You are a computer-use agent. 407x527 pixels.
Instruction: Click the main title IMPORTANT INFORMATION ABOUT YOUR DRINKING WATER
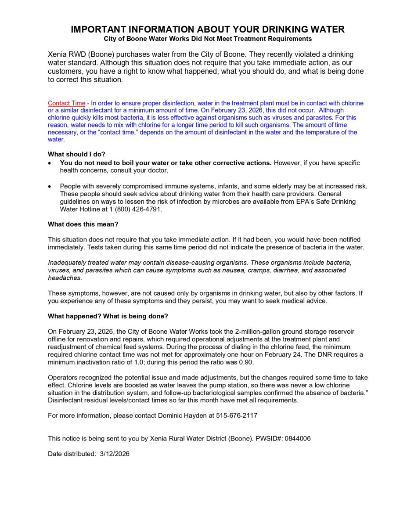pos(208,29)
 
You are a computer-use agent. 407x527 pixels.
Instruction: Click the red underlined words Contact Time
pos(66,103)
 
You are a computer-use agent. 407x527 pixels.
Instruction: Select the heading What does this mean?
pos(83,224)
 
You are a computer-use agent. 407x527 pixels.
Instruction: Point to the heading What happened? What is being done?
pos(108,316)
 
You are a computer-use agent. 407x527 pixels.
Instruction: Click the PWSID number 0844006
pos(298,438)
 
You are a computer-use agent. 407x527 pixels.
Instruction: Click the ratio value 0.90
pos(245,362)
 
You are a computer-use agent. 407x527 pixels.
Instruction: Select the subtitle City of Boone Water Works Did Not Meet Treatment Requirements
pos(208,39)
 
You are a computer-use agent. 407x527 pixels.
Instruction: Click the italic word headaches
pos(65,278)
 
